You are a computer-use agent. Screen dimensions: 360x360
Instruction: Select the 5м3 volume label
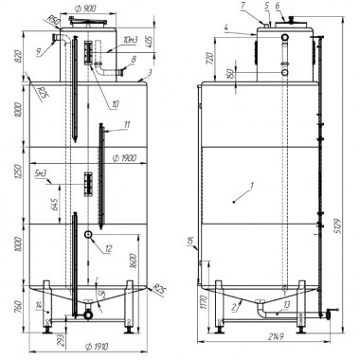tap(41, 174)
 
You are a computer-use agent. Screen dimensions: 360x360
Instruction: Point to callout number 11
tap(125, 125)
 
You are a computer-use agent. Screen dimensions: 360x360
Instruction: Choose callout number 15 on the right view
tap(193, 243)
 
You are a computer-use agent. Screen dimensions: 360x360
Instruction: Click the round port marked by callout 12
tap(87, 235)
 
